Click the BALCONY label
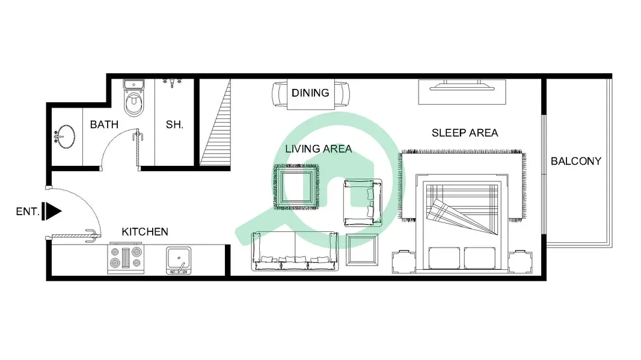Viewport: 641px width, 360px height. (x=575, y=161)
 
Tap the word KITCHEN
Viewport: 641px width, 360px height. (x=145, y=232)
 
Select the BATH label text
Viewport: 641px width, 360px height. (x=104, y=124)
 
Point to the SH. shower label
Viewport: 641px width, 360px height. (x=174, y=124)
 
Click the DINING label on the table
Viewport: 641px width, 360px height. (x=310, y=93)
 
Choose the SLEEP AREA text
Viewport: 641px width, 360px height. (x=465, y=133)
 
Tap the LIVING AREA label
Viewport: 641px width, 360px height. (x=319, y=148)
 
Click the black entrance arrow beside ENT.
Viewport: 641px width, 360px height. (x=52, y=212)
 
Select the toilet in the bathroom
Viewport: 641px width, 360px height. (x=133, y=98)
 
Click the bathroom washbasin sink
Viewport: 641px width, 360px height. (x=64, y=136)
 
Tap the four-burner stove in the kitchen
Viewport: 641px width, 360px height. (x=126, y=258)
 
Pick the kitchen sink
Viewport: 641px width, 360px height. (x=179, y=260)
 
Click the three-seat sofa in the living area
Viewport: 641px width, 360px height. (x=295, y=251)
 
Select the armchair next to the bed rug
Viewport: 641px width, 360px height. (x=363, y=203)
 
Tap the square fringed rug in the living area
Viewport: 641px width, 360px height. (x=296, y=187)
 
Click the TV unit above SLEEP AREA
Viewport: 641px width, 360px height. (x=462, y=91)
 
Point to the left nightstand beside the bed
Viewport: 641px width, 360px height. (x=404, y=261)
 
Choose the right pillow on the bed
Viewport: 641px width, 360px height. (x=479, y=258)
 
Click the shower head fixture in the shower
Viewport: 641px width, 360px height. (x=172, y=83)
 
